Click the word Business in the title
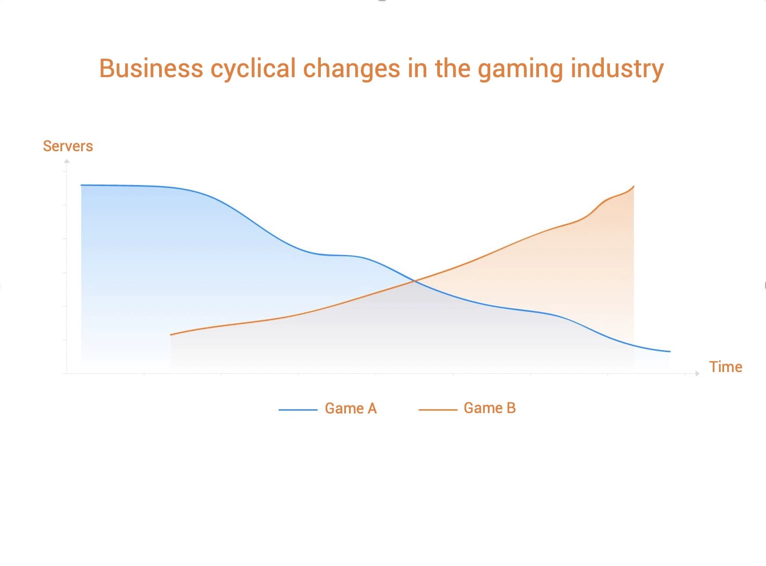[151, 68]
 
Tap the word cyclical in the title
[253, 70]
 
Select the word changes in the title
[351, 69]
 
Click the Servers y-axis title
[68, 146]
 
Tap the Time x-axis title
[725, 367]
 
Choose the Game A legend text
[351, 408]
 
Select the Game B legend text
[490, 408]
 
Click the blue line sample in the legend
[298, 410]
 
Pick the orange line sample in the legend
[438, 410]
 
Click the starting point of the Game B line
[171, 335]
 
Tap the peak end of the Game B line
[634, 186]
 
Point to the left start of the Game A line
[81, 185]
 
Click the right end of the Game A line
[670, 351]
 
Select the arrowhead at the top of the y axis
[67, 161]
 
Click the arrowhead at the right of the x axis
[697, 373]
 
